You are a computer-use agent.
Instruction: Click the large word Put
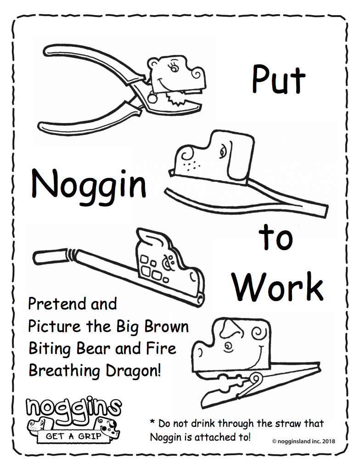279,79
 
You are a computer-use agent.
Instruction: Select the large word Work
278,287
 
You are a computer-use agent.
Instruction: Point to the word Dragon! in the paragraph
133,371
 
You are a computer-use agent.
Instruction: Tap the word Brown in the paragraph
166,326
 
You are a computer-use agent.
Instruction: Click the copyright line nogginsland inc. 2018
304,441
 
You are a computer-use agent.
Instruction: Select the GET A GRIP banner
73,436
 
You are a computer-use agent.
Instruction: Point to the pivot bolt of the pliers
153,97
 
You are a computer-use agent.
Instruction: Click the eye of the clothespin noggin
229,347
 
